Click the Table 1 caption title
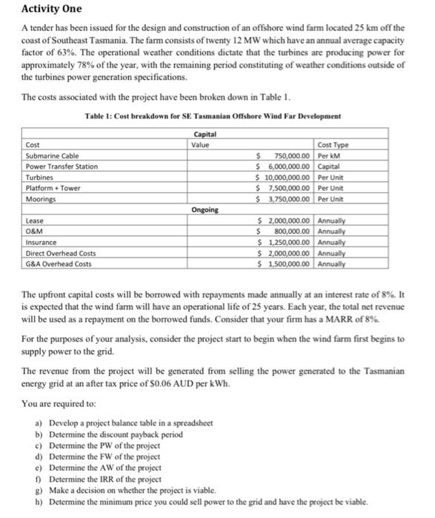[x=212, y=117]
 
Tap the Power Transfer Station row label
[x=62, y=166]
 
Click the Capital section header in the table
[x=205, y=134]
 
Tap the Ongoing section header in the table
[x=205, y=210]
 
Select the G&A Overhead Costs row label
[x=59, y=263]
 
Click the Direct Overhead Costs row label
[x=61, y=253]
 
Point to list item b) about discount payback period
[x=119, y=434]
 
